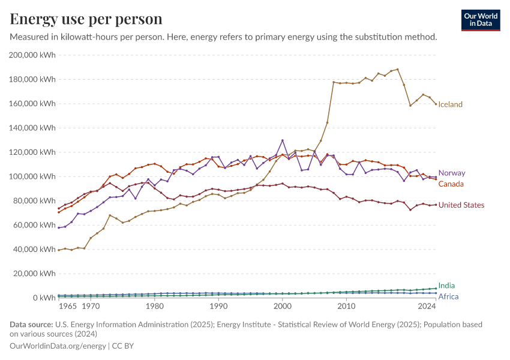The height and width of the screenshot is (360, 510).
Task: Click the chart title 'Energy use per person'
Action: tap(86, 19)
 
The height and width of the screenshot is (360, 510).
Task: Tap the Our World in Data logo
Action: tap(480, 20)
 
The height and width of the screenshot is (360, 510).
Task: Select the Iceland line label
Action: tap(450, 104)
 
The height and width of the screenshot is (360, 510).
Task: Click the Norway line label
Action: tap(452, 173)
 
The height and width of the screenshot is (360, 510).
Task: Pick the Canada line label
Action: tap(451, 184)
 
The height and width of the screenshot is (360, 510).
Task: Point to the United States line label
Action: tap(461, 205)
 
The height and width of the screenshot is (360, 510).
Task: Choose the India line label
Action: tap(446, 286)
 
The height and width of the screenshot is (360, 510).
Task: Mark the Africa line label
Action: tap(448, 296)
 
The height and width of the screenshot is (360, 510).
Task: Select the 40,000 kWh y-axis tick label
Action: tap(35, 249)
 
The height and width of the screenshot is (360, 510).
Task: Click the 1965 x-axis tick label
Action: tap(67, 307)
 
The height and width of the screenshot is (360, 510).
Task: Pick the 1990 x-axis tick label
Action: tap(218, 307)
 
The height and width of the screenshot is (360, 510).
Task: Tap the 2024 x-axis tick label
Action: tap(427, 307)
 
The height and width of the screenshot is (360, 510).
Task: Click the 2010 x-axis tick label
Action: tap(346, 307)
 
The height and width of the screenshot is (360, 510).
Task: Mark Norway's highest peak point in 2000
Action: tap(283, 140)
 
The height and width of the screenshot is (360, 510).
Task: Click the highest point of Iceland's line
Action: tap(397, 69)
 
